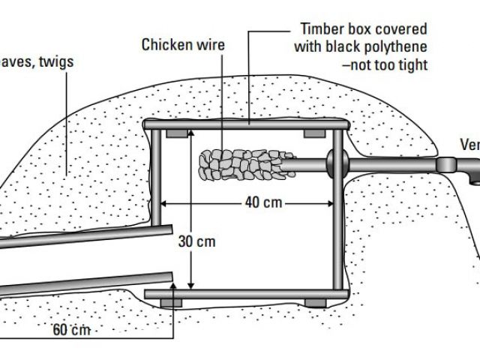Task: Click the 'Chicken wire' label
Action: coord(183,45)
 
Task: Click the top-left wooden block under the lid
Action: coord(177,133)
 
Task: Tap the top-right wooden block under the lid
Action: coord(314,133)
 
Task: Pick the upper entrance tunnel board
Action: coord(86,237)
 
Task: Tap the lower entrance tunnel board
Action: coord(86,284)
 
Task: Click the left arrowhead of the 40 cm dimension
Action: coord(166,202)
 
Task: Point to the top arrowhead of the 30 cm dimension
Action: coord(190,133)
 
